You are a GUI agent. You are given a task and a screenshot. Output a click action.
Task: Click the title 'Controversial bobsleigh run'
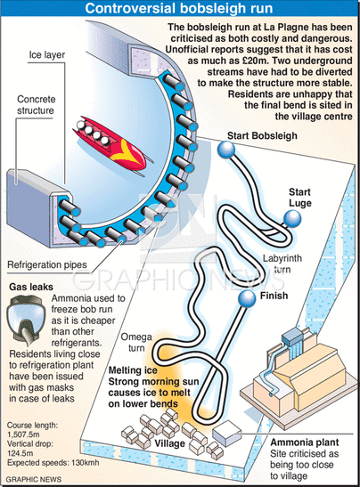[x=179, y=8]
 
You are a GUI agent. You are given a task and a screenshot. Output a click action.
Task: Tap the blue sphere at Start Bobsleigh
[x=226, y=150]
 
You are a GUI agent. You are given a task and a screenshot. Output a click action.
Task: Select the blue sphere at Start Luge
[x=292, y=219]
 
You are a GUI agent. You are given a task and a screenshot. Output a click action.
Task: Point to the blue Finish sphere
[x=247, y=299]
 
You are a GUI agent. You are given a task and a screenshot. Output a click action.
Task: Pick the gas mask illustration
[x=25, y=321]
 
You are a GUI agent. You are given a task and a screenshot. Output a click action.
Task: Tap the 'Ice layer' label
[x=47, y=55]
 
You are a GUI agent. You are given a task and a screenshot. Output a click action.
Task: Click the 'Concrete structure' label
[x=36, y=105]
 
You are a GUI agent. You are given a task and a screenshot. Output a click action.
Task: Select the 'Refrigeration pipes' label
[x=47, y=265]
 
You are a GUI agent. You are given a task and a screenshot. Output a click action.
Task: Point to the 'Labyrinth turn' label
[x=282, y=264]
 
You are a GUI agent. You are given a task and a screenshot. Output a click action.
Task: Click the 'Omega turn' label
[x=136, y=342]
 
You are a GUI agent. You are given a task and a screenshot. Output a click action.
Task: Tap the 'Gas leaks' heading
[x=31, y=287]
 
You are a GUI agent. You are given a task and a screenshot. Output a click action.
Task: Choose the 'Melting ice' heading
[x=133, y=370]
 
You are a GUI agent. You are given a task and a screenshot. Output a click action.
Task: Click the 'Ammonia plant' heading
[x=305, y=442]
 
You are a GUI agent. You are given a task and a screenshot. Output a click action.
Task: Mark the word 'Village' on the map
[x=169, y=443]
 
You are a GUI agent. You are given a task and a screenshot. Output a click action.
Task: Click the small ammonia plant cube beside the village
[x=226, y=433]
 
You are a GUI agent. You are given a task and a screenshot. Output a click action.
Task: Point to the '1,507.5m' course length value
[x=23, y=434]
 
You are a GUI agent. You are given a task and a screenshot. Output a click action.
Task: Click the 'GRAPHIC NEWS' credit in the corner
[x=34, y=479]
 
